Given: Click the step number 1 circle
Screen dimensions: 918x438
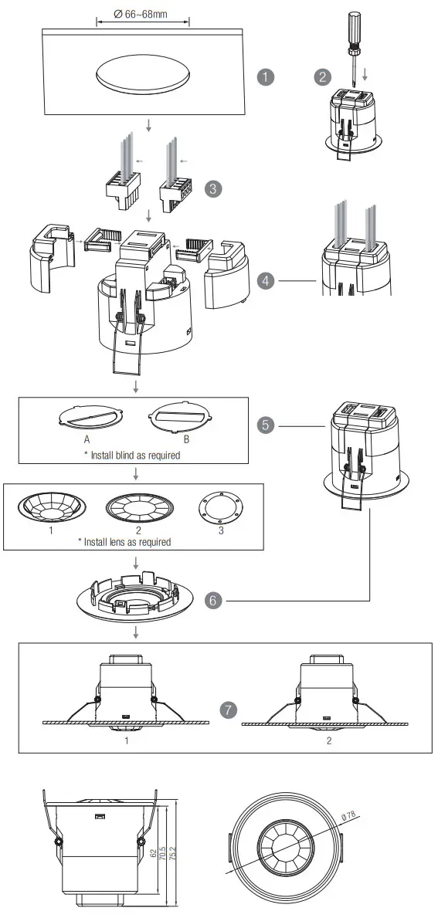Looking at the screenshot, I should coord(266,77).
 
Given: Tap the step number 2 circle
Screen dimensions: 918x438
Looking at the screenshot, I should coord(322,76).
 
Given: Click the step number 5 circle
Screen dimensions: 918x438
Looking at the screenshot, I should coord(266,425).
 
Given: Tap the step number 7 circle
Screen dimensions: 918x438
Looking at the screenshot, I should coord(226,710).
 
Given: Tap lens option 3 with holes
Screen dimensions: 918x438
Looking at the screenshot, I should coord(221,509).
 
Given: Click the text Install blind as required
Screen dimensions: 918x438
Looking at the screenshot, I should coord(132,456).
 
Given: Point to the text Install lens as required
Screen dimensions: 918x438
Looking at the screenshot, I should coord(124,542).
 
